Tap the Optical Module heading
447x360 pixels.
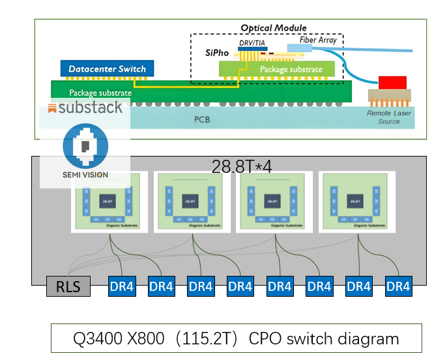[273, 28]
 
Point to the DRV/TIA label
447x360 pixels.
[253, 42]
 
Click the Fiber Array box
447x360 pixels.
[317, 40]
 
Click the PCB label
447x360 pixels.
[203, 121]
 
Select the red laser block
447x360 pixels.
[392, 82]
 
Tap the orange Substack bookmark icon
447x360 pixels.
[52, 108]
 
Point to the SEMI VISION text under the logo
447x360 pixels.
[85, 174]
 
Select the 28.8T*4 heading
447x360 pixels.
[242, 166]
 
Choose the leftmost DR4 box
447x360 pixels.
[122, 286]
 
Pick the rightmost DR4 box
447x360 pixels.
[397, 286]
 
